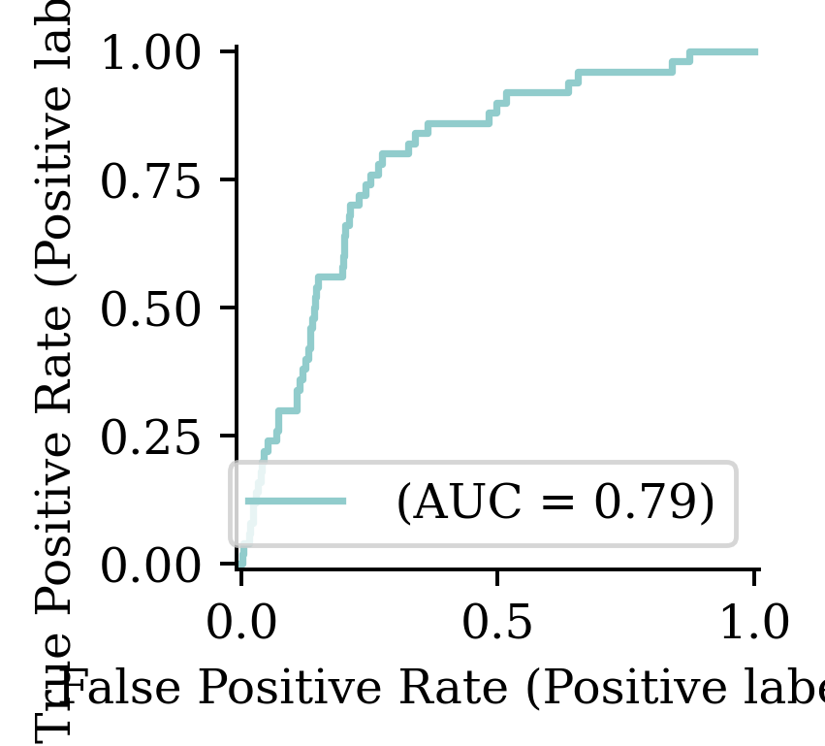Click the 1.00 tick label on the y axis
154,52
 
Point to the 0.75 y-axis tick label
154,181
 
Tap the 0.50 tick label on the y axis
154,309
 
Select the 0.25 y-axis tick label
154,438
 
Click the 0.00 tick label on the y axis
154,566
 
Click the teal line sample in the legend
296,502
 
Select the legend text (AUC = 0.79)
555,503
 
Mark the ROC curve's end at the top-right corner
755,51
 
